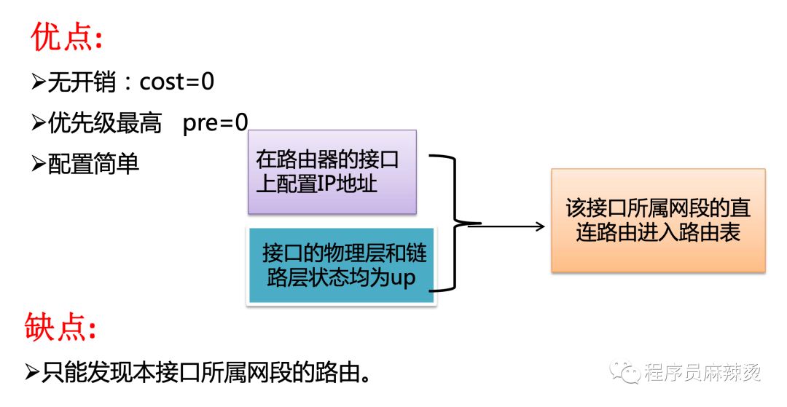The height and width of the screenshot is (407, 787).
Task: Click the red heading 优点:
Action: (x=67, y=37)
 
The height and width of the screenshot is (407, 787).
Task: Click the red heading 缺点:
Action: (x=60, y=327)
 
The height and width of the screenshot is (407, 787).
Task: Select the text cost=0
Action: (x=176, y=82)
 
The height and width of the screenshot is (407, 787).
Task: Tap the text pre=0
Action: (x=215, y=123)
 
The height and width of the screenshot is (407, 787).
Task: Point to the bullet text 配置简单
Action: (x=93, y=164)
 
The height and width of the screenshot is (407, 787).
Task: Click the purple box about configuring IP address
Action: (x=332, y=172)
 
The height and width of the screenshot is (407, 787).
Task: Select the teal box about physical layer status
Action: (x=341, y=266)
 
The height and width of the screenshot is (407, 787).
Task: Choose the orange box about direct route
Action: (x=658, y=221)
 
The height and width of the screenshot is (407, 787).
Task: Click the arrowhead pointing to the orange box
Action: (x=540, y=226)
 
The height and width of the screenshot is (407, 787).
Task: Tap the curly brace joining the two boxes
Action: (x=454, y=223)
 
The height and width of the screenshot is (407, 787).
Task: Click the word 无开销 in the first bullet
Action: (x=82, y=82)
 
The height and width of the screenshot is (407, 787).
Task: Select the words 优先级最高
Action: (x=105, y=123)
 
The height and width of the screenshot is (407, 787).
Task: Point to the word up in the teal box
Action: (x=403, y=278)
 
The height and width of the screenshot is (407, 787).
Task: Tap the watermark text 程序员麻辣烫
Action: (x=702, y=372)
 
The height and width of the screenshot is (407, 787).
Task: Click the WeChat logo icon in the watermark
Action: (x=624, y=371)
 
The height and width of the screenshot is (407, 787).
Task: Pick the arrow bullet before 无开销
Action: (x=39, y=82)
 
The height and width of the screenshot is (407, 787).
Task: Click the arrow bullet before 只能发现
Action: (x=32, y=372)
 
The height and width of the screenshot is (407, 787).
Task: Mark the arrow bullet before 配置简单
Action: (x=39, y=164)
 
